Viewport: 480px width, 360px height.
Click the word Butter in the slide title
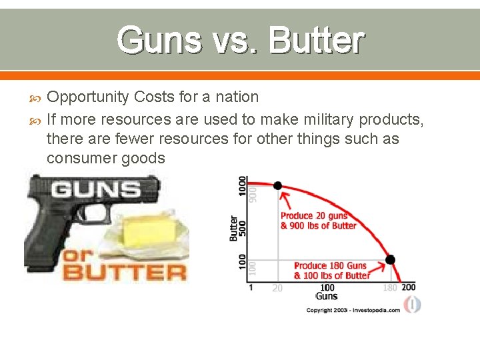(x=317, y=40)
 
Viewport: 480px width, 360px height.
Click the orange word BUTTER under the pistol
(x=124, y=272)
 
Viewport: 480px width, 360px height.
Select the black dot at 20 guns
(x=278, y=186)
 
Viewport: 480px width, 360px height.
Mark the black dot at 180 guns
(x=391, y=259)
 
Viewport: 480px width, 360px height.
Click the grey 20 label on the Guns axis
(x=277, y=288)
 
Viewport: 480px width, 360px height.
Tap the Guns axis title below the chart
(x=327, y=296)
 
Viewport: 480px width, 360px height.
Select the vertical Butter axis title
(x=233, y=227)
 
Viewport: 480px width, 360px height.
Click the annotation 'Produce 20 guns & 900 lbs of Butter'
(x=319, y=221)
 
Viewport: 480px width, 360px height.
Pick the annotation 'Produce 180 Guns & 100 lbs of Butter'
(x=331, y=271)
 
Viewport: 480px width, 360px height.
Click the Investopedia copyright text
(x=353, y=310)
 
